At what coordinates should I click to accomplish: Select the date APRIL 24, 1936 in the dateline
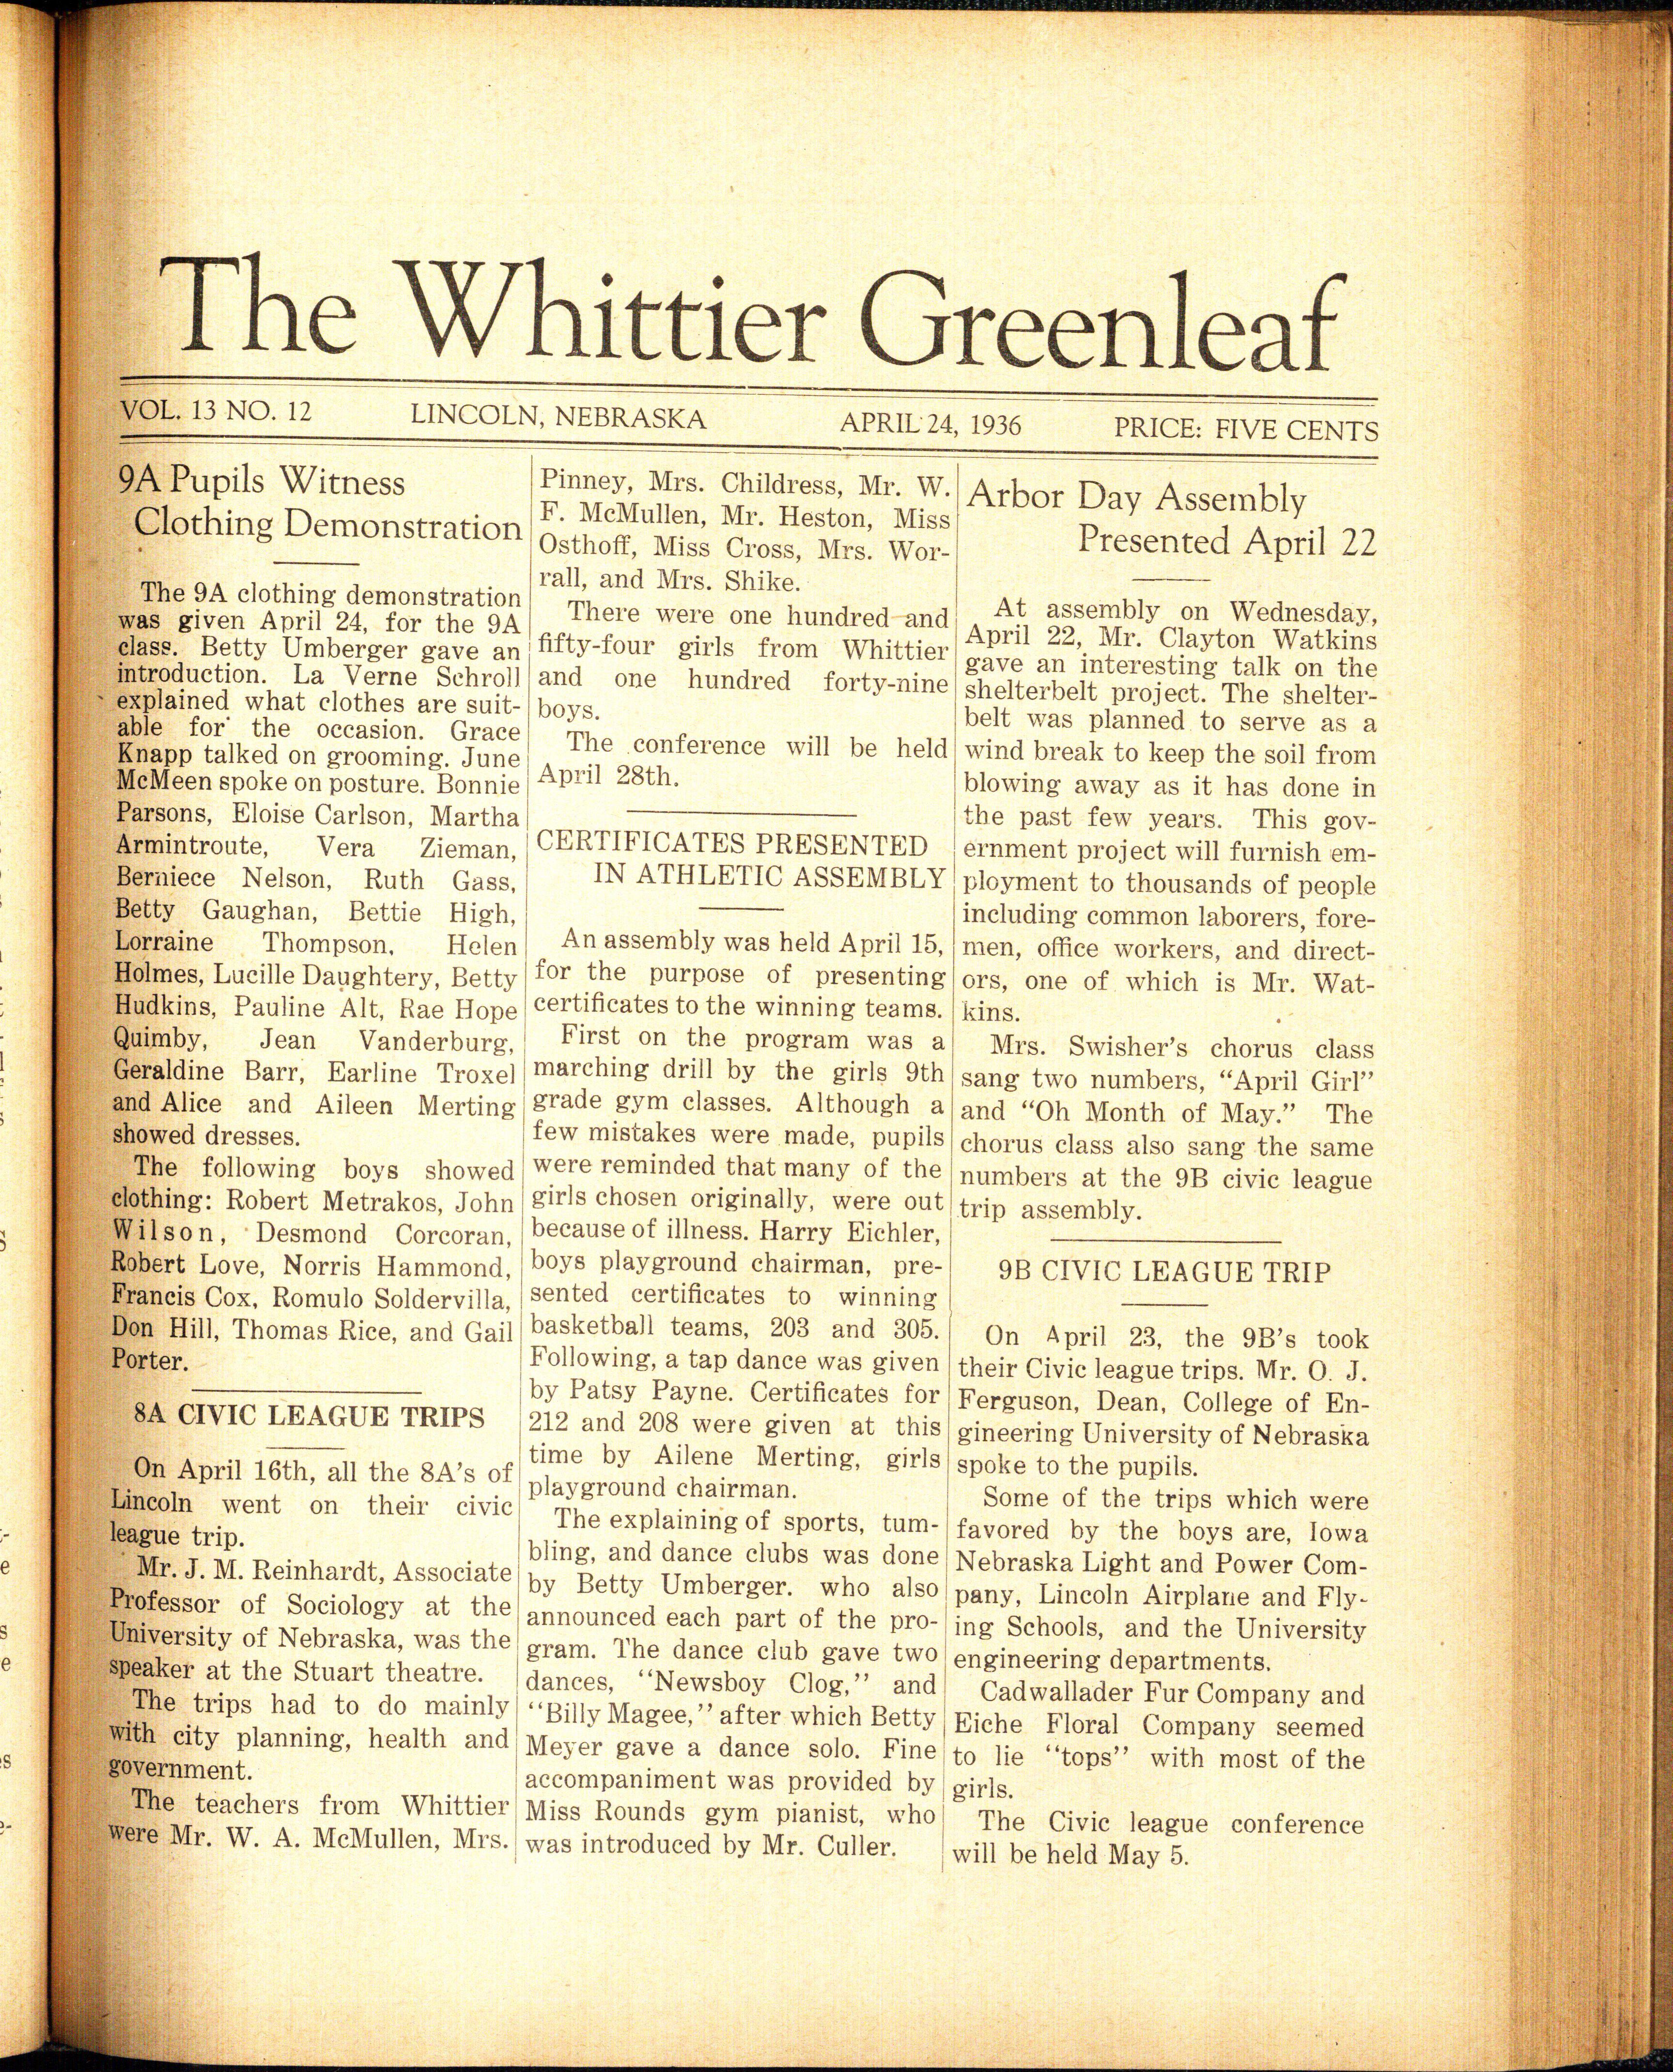[x=930, y=423]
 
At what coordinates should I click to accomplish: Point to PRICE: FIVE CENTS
[x=1245, y=429]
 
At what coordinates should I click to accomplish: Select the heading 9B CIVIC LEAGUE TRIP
[x=1164, y=1271]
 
